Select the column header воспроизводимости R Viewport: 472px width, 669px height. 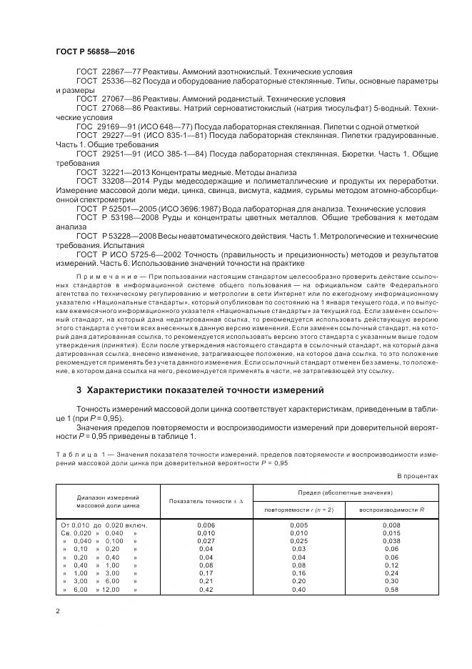point(391,510)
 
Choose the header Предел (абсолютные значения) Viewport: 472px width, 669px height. point(346,493)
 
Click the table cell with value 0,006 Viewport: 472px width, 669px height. point(206,526)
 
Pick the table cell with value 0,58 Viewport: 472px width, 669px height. point(391,590)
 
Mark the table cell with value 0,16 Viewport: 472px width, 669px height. point(299,574)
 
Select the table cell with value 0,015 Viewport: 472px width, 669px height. point(391,534)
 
